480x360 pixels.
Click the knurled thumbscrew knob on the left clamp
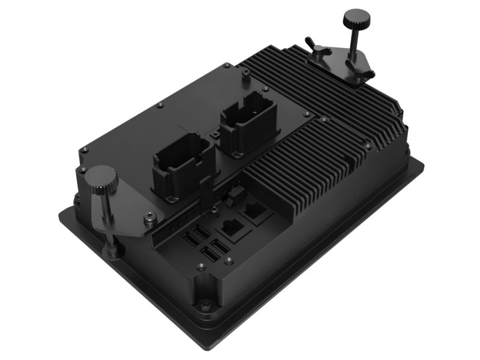pyautogui.click(x=99, y=178)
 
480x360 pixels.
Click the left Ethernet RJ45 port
pyautogui.click(x=229, y=229)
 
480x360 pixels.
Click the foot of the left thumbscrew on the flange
pyautogui.click(x=112, y=247)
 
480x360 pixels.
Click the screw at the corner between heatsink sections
pyautogui.click(x=325, y=120)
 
